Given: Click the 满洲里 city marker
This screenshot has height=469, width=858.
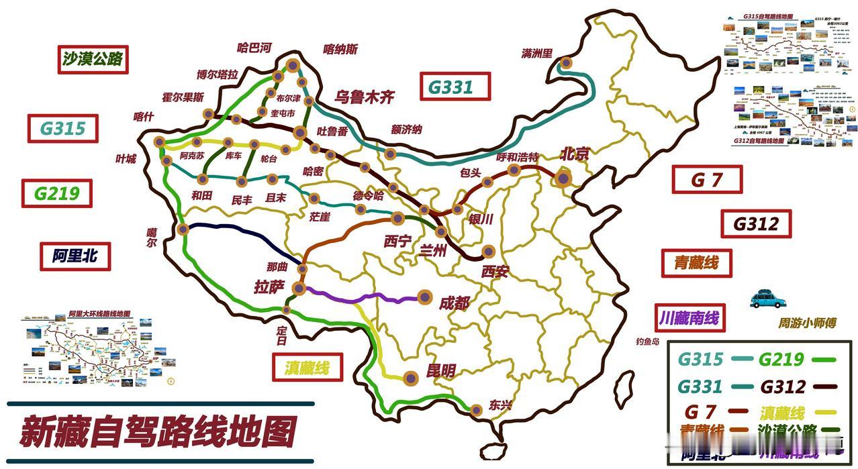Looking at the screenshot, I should tap(567, 63).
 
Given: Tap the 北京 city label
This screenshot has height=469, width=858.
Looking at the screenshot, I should tap(574, 154).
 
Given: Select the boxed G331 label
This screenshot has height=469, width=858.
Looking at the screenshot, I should tap(455, 87).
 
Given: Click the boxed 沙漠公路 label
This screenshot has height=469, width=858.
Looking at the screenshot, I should tap(93, 59).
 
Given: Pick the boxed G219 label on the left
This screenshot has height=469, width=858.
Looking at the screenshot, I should tap(56, 193).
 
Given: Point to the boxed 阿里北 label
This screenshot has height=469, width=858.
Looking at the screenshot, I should tap(75, 255).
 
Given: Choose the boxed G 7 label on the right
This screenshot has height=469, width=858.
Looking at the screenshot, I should tap(707, 180).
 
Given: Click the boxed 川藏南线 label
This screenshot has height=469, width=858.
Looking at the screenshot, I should tap(689, 317).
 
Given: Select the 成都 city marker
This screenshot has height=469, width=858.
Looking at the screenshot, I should tap(424, 297).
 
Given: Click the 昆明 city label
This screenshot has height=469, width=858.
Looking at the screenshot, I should tap(441, 370).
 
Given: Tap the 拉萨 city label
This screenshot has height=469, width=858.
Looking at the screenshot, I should tap(269, 287).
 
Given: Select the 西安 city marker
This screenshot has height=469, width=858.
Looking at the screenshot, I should tap(488, 252).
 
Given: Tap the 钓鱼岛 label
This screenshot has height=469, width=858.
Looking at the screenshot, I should tap(648, 342).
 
